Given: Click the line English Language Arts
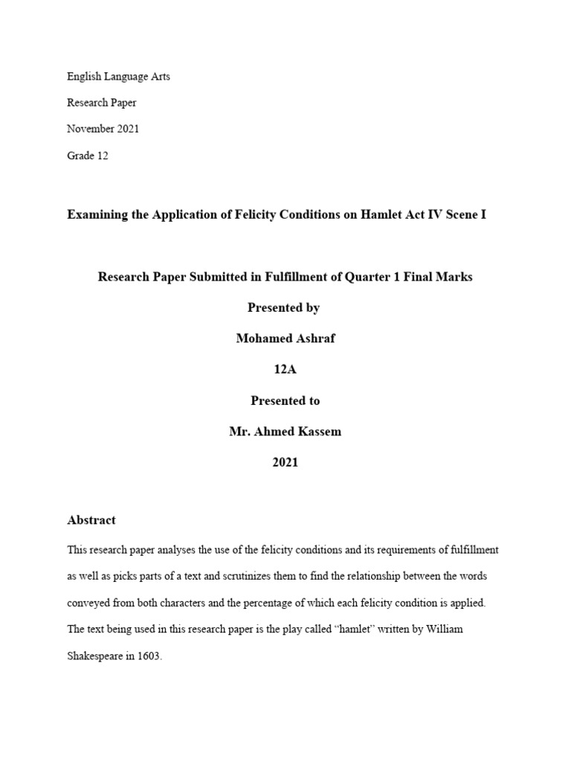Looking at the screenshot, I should click(118, 77).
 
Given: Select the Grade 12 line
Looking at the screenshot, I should click(87, 156).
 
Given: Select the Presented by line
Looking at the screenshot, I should click(285, 307).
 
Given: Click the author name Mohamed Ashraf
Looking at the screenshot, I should click(285, 339).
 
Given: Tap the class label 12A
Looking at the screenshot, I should click(285, 370).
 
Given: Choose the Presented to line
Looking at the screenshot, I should click(285, 400).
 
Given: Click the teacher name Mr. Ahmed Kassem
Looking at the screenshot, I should click(285, 432).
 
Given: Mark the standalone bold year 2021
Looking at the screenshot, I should click(285, 462).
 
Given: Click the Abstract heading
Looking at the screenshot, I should click(91, 520).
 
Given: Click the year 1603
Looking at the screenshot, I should click(147, 656).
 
